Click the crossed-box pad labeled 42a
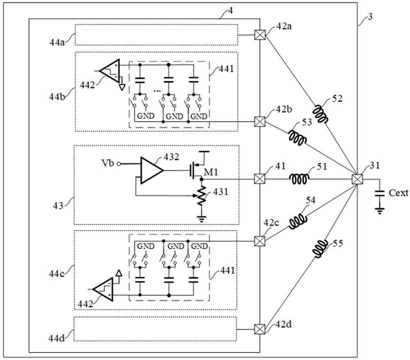tap(259, 35)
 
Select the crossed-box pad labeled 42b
tap(259, 121)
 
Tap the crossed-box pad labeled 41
tap(259, 179)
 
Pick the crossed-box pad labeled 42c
tap(259, 241)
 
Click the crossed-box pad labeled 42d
tap(259, 329)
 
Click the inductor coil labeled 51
tap(300, 179)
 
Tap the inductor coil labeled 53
tap(297, 138)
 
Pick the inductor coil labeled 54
tap(298, 221)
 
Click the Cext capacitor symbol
tap(380, 194)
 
